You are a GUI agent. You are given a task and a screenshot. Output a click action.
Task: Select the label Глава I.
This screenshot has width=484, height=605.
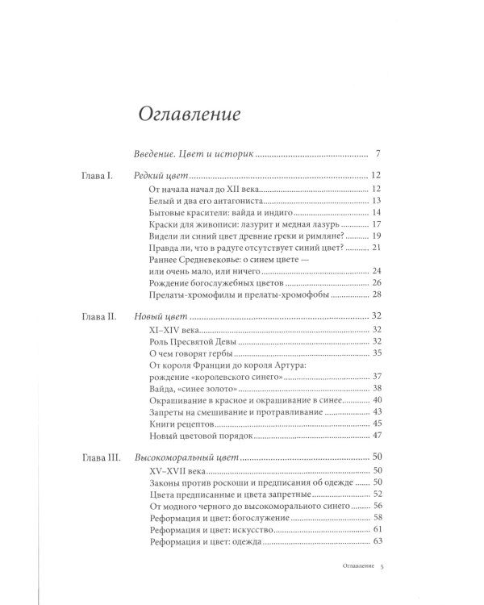(102, 175)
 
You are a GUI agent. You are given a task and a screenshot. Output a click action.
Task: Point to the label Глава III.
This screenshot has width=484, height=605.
(106, 457)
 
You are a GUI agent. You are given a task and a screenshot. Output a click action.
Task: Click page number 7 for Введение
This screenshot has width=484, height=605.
(378, 152)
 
